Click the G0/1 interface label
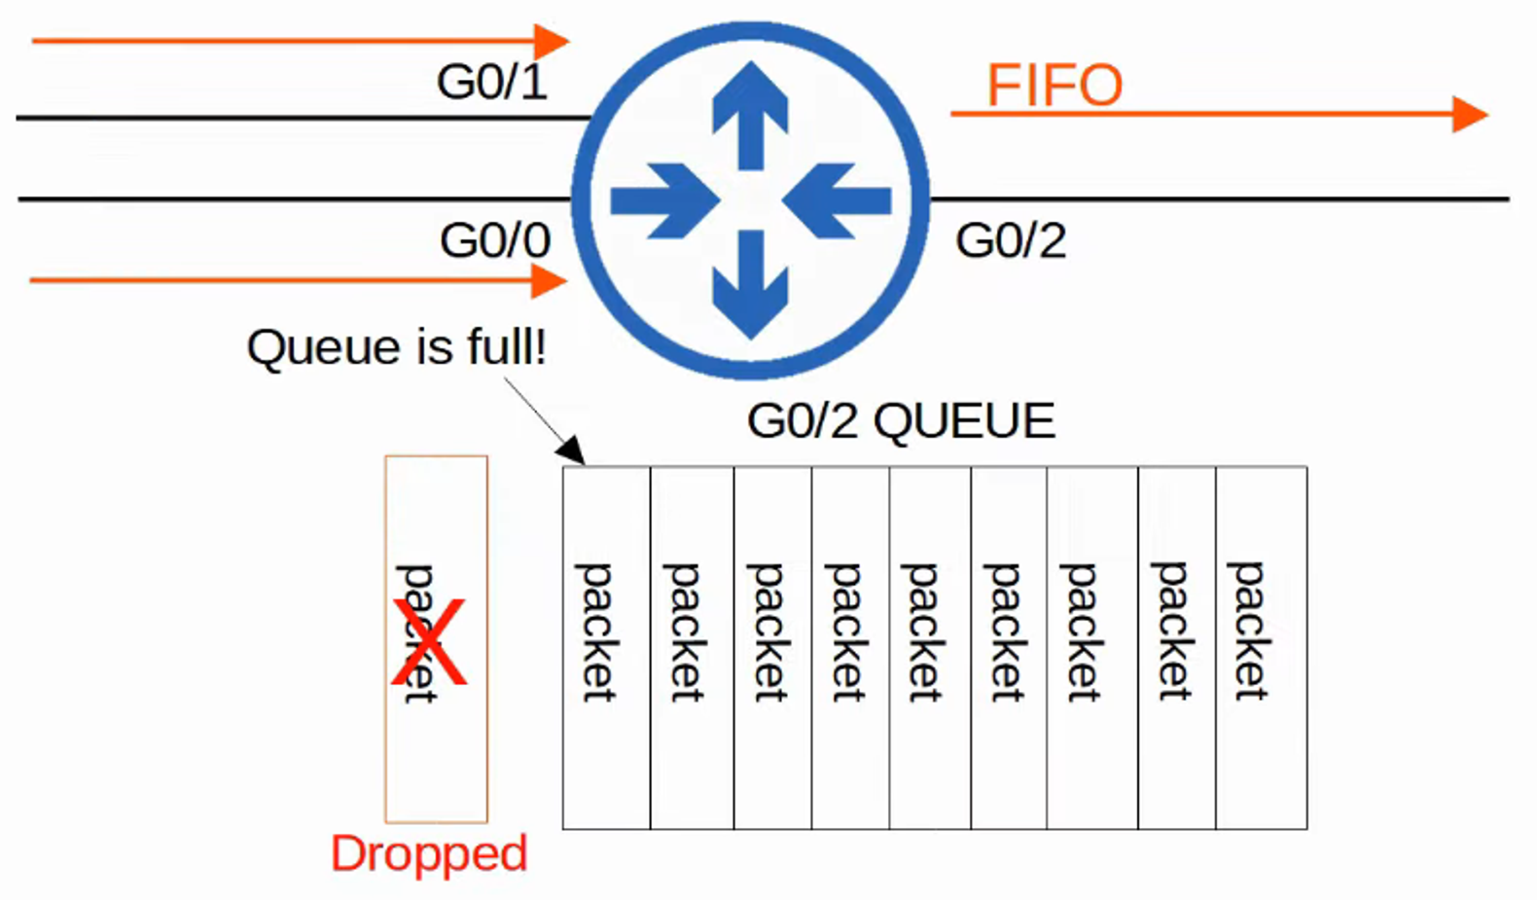pos(491,82)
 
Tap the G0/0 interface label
pos(495,240)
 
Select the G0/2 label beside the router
pos(1011,240)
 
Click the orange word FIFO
pos(1054,86)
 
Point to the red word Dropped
pos(429,853)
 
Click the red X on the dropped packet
pos(429,642)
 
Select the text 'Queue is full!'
pos(396,347)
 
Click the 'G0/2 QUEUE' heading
pos(901,421)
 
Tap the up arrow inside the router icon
pos(750,112)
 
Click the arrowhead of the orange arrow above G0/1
pos(552,41)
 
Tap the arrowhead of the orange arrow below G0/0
pos(550,281)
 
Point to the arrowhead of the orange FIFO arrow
pos(1470,114)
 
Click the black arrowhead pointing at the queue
pos(571,450)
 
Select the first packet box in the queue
pos(606,647)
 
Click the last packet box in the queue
pos(1261,647)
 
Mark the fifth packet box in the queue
pos(930,647)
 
